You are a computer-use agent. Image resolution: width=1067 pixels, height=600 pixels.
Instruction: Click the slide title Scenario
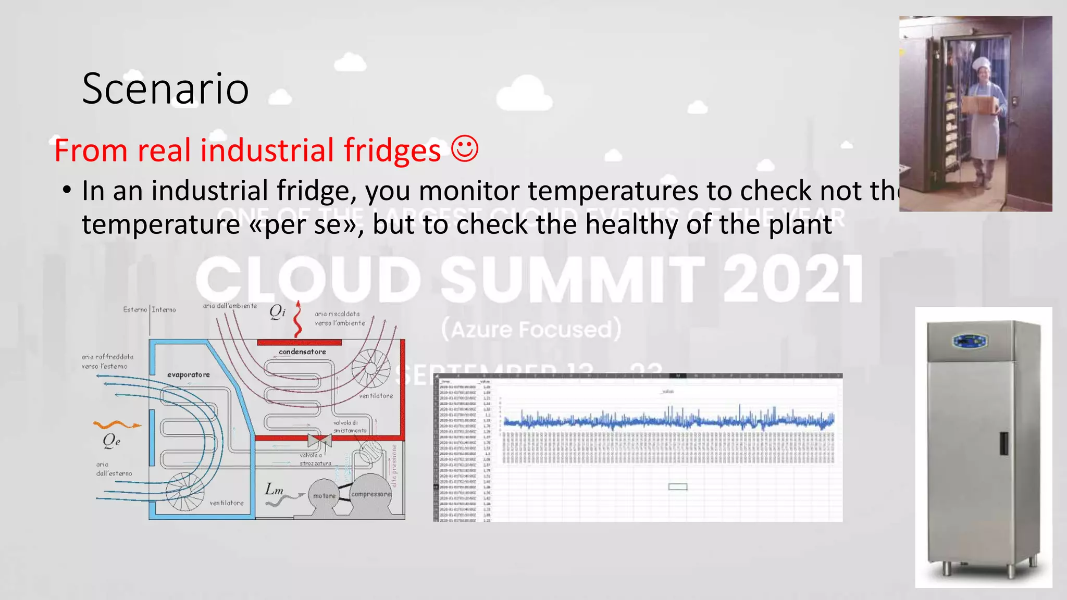165,89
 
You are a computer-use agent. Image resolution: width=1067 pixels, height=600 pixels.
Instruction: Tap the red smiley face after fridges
464,149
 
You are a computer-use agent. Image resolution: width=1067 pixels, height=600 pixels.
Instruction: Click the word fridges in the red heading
392,151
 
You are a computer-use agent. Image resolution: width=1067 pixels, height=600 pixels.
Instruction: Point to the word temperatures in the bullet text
613,191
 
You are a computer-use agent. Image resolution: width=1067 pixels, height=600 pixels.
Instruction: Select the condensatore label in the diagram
302,352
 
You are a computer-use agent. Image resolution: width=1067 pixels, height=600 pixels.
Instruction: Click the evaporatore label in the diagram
189,374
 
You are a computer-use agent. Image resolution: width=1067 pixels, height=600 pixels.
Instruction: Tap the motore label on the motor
324,496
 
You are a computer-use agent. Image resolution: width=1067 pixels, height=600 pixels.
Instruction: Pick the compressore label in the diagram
371,494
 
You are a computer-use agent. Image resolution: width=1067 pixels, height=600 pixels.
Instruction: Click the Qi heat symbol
277,311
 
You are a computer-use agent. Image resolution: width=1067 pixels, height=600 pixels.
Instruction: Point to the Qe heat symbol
111,441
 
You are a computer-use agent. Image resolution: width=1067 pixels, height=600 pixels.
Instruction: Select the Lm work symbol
274,490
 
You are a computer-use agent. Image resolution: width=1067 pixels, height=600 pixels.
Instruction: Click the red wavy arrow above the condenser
297,319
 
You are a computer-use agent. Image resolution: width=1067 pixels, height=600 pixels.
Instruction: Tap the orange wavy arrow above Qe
117,425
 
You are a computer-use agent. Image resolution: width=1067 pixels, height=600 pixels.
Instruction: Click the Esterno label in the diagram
135,310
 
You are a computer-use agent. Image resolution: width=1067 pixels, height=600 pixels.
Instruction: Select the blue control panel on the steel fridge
970,342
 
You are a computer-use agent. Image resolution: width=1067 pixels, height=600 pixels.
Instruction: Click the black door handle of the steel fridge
1003,443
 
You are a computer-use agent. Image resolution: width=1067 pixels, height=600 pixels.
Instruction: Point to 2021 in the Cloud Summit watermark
792,280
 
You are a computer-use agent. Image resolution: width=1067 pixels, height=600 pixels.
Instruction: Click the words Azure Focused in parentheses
531,330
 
